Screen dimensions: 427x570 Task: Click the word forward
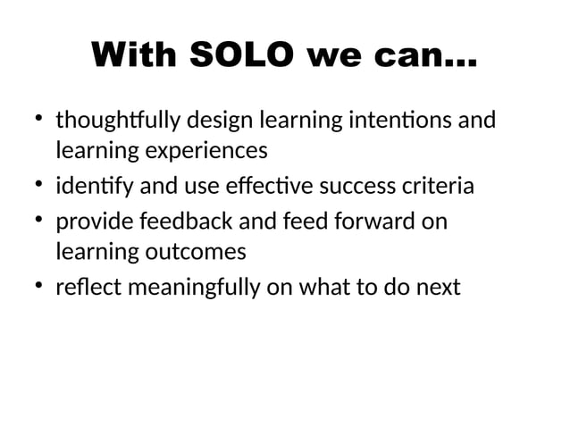coord(369,220)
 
